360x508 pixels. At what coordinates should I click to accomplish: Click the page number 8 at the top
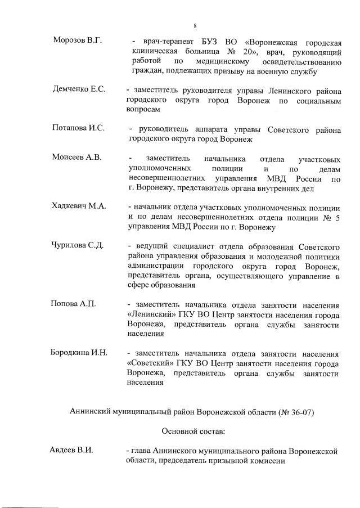pyautogui.click(x=195, y=26)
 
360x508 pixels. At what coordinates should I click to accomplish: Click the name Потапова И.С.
pyautogui.click(x=78, y=128)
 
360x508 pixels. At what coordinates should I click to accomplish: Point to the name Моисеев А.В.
pyautogui.click(x=77, y=157)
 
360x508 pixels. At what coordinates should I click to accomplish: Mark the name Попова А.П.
pyautogui.click(x=73, y=304)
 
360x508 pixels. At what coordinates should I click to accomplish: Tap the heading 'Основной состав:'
pyautogui.click(x=193, y=431)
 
